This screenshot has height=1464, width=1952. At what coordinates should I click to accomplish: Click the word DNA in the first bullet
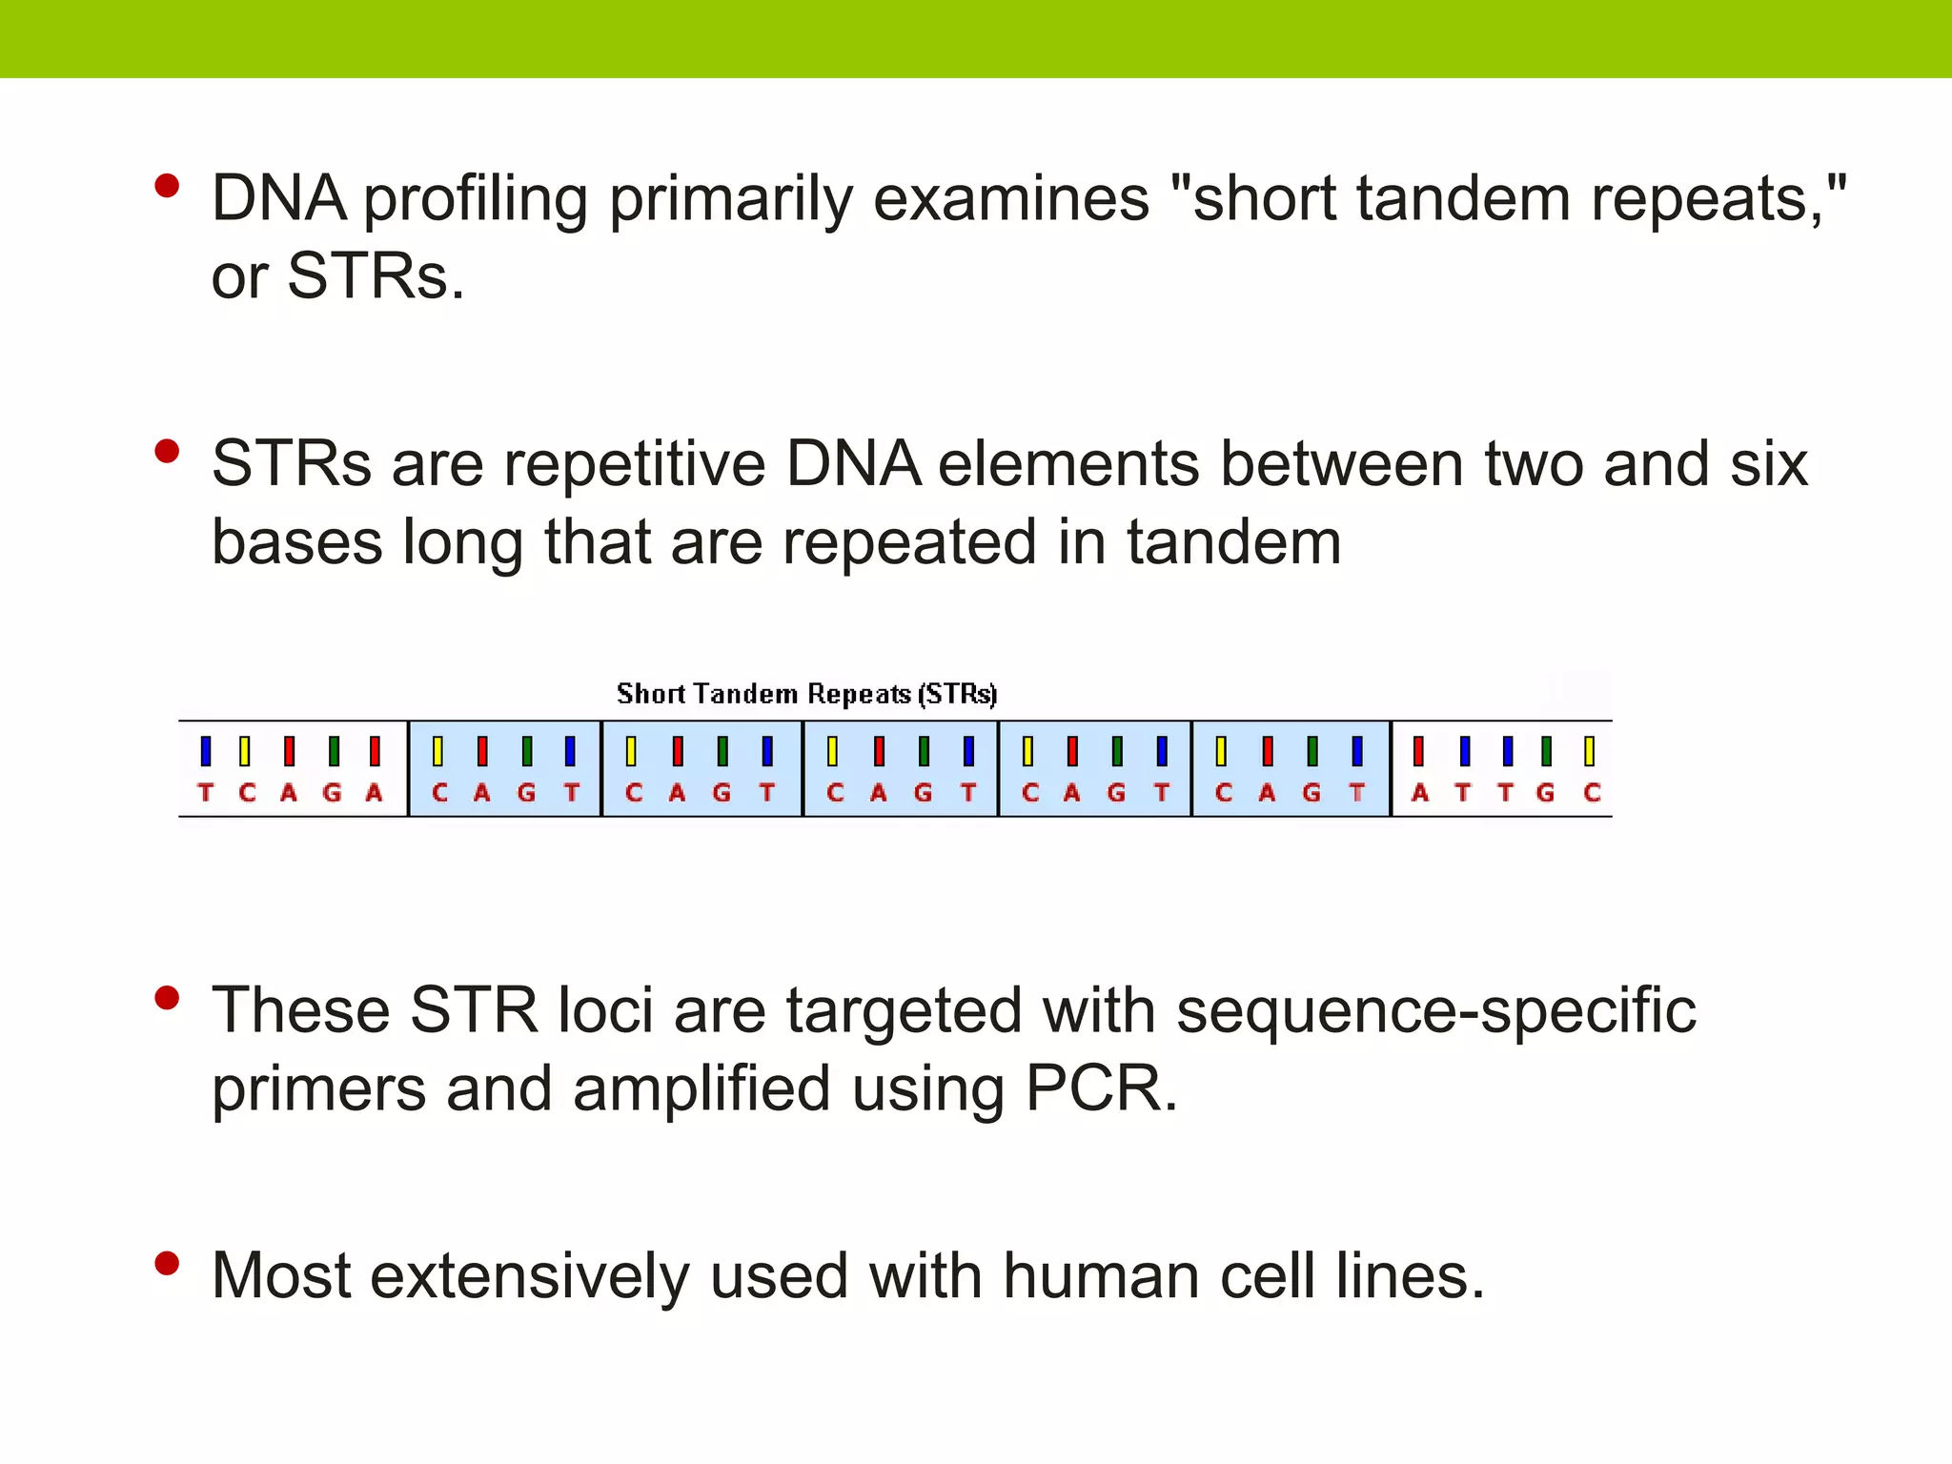277,199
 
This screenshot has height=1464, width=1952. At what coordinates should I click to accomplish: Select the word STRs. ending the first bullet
376,277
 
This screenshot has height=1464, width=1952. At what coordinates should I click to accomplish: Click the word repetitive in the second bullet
635,465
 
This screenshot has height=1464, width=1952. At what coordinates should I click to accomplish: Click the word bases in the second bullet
296,542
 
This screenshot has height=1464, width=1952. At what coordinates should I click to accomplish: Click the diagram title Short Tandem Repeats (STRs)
806,694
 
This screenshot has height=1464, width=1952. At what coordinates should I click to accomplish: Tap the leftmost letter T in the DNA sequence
206,793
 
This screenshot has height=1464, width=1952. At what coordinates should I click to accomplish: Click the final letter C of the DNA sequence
1591,793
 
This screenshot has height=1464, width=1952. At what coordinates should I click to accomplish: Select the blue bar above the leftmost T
206,751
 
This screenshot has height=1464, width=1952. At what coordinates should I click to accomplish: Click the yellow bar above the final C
1589,751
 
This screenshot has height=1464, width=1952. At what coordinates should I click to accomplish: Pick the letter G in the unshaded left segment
332,793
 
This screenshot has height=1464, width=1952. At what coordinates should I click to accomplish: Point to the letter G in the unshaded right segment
1546,793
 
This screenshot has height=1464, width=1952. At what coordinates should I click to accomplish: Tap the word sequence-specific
1435,1012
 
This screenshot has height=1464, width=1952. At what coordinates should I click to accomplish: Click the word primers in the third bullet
318,1090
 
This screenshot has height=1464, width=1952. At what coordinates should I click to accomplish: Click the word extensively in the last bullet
529,1276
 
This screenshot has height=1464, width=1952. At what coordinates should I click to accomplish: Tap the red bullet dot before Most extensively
167,1264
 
